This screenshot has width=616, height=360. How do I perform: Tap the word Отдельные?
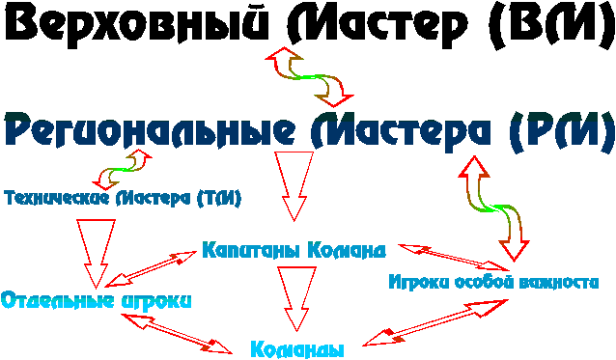pyautogui.click(x=58, y=299)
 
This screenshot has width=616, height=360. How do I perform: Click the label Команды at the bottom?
pyautogui.click(x=296, y=349)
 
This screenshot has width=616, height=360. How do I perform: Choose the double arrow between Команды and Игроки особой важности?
pyautogui.click(x=434, y=321)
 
